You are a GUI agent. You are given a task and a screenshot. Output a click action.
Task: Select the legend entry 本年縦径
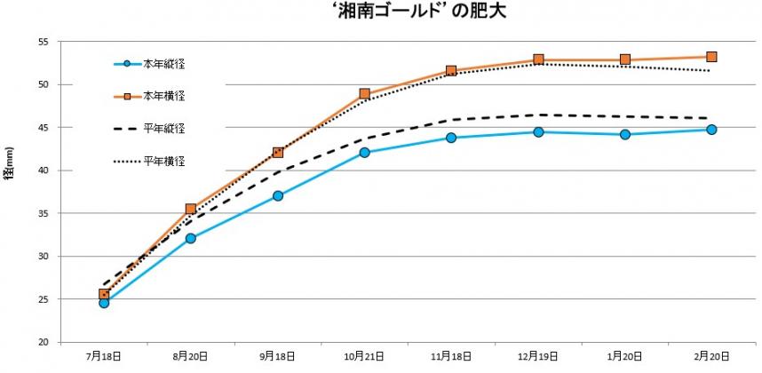(x=164, y=64)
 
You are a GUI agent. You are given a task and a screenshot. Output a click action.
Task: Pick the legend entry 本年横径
(x=164, y=96)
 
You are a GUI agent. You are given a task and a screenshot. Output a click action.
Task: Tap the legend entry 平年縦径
(x=164, y=129)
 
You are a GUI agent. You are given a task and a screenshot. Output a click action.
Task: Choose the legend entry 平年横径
(x=164, y=161)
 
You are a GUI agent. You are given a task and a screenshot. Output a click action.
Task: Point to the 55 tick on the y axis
(x=44, y=42)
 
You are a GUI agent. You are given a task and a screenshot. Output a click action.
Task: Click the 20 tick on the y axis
(x=44, y=342)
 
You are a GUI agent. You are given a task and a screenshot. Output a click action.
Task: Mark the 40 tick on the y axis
(x=44, y=171)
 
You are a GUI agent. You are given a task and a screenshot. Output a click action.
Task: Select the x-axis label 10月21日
(x=364, y=357)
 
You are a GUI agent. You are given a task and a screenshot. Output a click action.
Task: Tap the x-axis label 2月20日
(x=711, y=357)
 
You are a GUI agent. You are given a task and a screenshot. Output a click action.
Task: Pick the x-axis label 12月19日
(x=538, y=357)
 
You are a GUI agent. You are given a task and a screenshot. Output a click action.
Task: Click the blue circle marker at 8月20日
(x=191, y=238)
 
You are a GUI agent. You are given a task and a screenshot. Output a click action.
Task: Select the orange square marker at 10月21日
(x=365, y=93)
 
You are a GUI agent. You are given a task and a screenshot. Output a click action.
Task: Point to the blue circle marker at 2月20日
(x=711, y=130)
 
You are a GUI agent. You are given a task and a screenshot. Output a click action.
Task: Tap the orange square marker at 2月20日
(x=711, y=57)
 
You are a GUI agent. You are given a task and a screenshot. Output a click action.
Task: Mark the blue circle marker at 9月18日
(x=278, y=195)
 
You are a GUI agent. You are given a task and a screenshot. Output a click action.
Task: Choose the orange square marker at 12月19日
(x=538, y=60)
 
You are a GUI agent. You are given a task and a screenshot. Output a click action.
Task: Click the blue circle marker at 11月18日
(x=451, y=138)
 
